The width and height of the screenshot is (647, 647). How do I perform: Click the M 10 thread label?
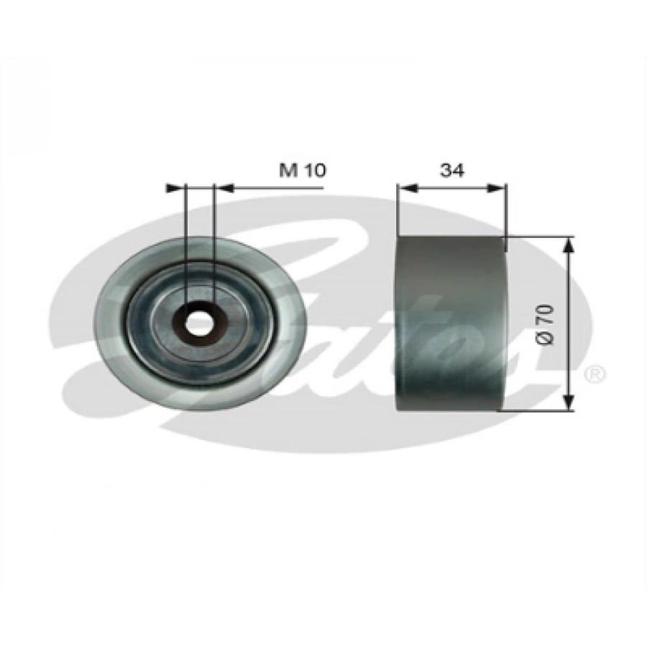(x=303, y=170)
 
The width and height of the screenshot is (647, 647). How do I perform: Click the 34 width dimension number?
(x=452, y=170)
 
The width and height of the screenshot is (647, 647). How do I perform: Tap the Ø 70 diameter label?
(x=545, y=324)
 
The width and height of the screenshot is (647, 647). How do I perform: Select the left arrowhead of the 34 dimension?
(x=408, y=188)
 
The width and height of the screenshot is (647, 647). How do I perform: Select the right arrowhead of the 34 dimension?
(x=495, y=188)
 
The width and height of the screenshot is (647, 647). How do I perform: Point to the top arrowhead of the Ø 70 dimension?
(x=569, y=246)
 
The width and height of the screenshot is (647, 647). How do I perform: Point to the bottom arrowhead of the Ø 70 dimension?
(x=569, y=402)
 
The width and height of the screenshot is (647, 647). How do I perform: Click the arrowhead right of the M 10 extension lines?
(x=225, y=188)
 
